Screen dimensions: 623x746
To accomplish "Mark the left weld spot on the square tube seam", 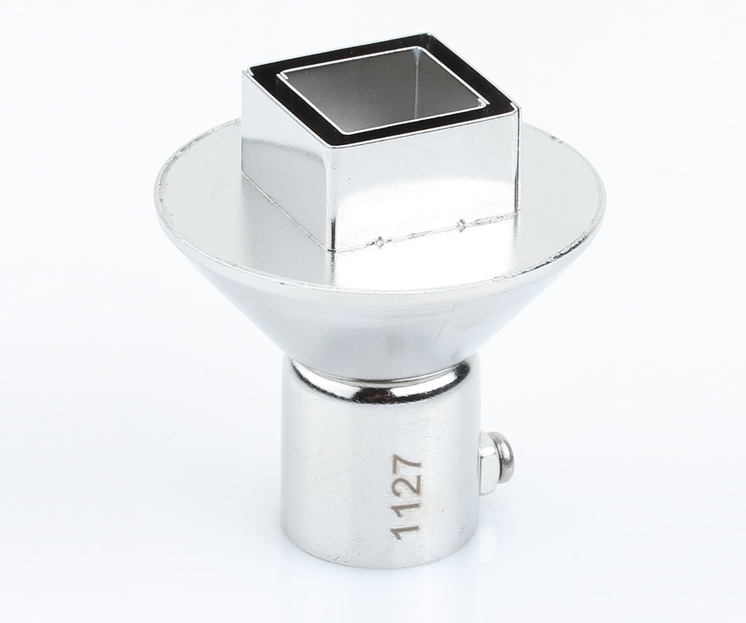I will [380, 241].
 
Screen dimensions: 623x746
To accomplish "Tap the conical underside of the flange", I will [373, 321].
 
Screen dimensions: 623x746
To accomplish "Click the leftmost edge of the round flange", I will [156, 187].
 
